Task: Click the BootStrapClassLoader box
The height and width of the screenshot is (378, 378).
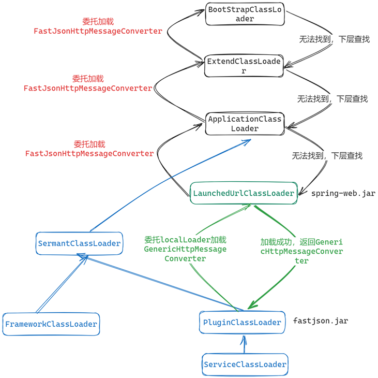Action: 245,14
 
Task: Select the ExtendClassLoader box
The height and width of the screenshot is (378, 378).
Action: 244,66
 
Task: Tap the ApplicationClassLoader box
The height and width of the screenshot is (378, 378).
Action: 245,124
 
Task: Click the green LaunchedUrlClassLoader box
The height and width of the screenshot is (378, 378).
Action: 244,193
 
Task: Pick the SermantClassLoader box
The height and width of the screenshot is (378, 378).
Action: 79,243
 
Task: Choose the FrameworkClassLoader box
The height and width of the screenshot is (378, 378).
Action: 51,324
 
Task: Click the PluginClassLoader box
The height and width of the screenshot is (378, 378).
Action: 242,323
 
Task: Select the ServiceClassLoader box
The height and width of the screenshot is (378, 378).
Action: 245,365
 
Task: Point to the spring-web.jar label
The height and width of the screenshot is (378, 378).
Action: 343,193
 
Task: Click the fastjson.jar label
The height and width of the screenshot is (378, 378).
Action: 321,321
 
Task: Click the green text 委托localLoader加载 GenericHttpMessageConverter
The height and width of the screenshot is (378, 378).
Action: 185,249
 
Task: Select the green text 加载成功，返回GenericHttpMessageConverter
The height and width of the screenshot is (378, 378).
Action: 301,251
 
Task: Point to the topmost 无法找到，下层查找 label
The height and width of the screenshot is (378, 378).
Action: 334,39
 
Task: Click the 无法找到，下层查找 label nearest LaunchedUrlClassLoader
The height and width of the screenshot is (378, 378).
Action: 327,155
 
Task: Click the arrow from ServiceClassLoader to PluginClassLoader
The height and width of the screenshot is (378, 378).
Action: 244,344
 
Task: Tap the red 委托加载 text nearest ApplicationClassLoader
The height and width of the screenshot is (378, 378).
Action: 89,144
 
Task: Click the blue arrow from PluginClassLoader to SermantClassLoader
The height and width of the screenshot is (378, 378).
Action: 155,281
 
